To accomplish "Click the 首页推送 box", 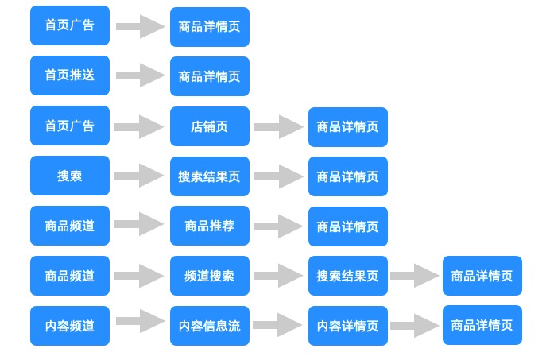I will coord(70,75).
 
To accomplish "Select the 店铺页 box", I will coord(209,126).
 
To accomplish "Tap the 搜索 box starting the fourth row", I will coord(70,176).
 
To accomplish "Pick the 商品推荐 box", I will coord(209,226).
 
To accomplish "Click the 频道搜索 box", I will coord(209,276).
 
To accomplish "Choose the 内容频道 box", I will coord(70,326).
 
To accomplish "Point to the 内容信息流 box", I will coord(209,326).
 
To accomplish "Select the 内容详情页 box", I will coord(347,326).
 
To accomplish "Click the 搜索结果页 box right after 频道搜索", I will coord(347,276).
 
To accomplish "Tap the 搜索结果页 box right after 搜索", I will coord(209,176).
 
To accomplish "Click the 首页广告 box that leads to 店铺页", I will coord(70,126).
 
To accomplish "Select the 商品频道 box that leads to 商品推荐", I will coord(70,226).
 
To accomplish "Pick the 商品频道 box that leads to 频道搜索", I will coord(70,276).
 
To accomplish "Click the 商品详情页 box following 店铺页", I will coord(347,126).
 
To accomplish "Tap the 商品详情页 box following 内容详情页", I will coord(482,325).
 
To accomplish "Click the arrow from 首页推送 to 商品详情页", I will coord(140,75).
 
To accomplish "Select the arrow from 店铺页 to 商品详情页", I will coord(278,126).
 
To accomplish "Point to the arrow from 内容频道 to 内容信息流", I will coord(140,322).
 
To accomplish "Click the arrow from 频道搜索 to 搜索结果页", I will coord(278,276).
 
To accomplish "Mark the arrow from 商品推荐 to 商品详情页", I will coord(278,226).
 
